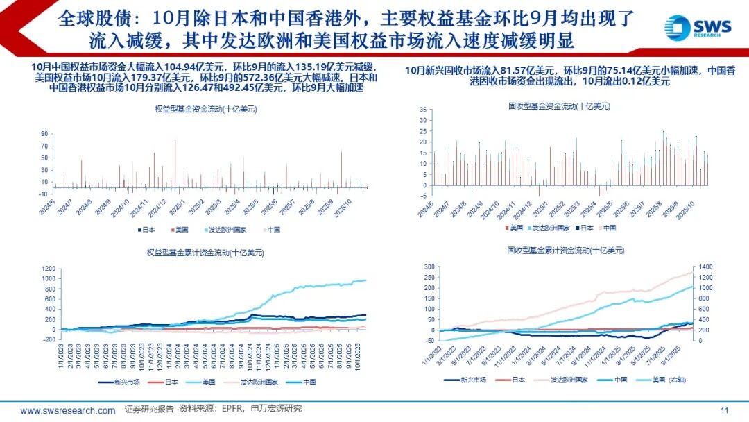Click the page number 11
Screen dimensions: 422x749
(x=725, y=410)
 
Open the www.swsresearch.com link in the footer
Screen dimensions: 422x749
(x=68, y=410)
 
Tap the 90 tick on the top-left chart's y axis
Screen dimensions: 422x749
(x=45, y=134)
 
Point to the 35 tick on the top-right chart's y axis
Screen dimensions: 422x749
(x=422, y=110)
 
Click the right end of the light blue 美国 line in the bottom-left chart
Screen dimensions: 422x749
(x=365, y=280)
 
